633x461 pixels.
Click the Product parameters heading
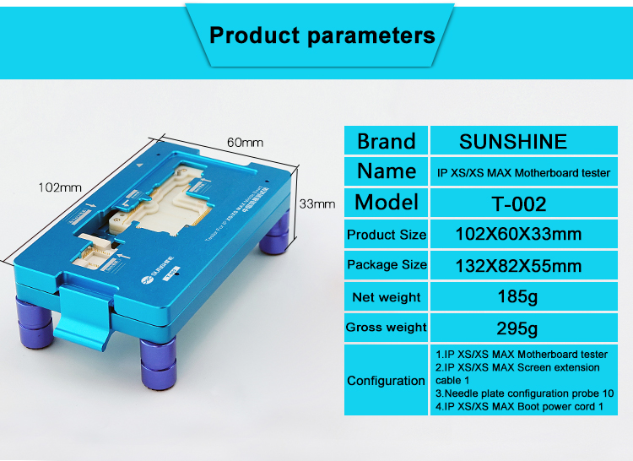tap(322, 35)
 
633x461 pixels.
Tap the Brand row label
tap(387, 141)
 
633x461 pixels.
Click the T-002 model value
tap(519, 203)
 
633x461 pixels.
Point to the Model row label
tap(387, 202)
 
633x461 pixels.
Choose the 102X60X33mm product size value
tap(518, 234)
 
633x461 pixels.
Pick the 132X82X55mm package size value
tap(518, 266)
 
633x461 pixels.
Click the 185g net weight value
tap(517, 297)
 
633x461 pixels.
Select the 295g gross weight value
tap(517, 328)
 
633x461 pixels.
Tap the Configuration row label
tap(386, 381)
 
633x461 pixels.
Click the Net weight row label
tap(387, 297)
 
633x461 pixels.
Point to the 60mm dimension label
tap(245, 143)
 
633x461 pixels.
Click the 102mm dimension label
tap(60, 187)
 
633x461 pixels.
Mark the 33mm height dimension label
tap(317, 203)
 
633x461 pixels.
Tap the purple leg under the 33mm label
tap(275, 233)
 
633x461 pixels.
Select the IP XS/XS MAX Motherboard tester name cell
tap(523, 173)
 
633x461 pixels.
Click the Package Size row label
tap(387, 265)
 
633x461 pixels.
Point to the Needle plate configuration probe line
tap(524, 393)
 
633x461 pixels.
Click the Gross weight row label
tap(387, 328)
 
